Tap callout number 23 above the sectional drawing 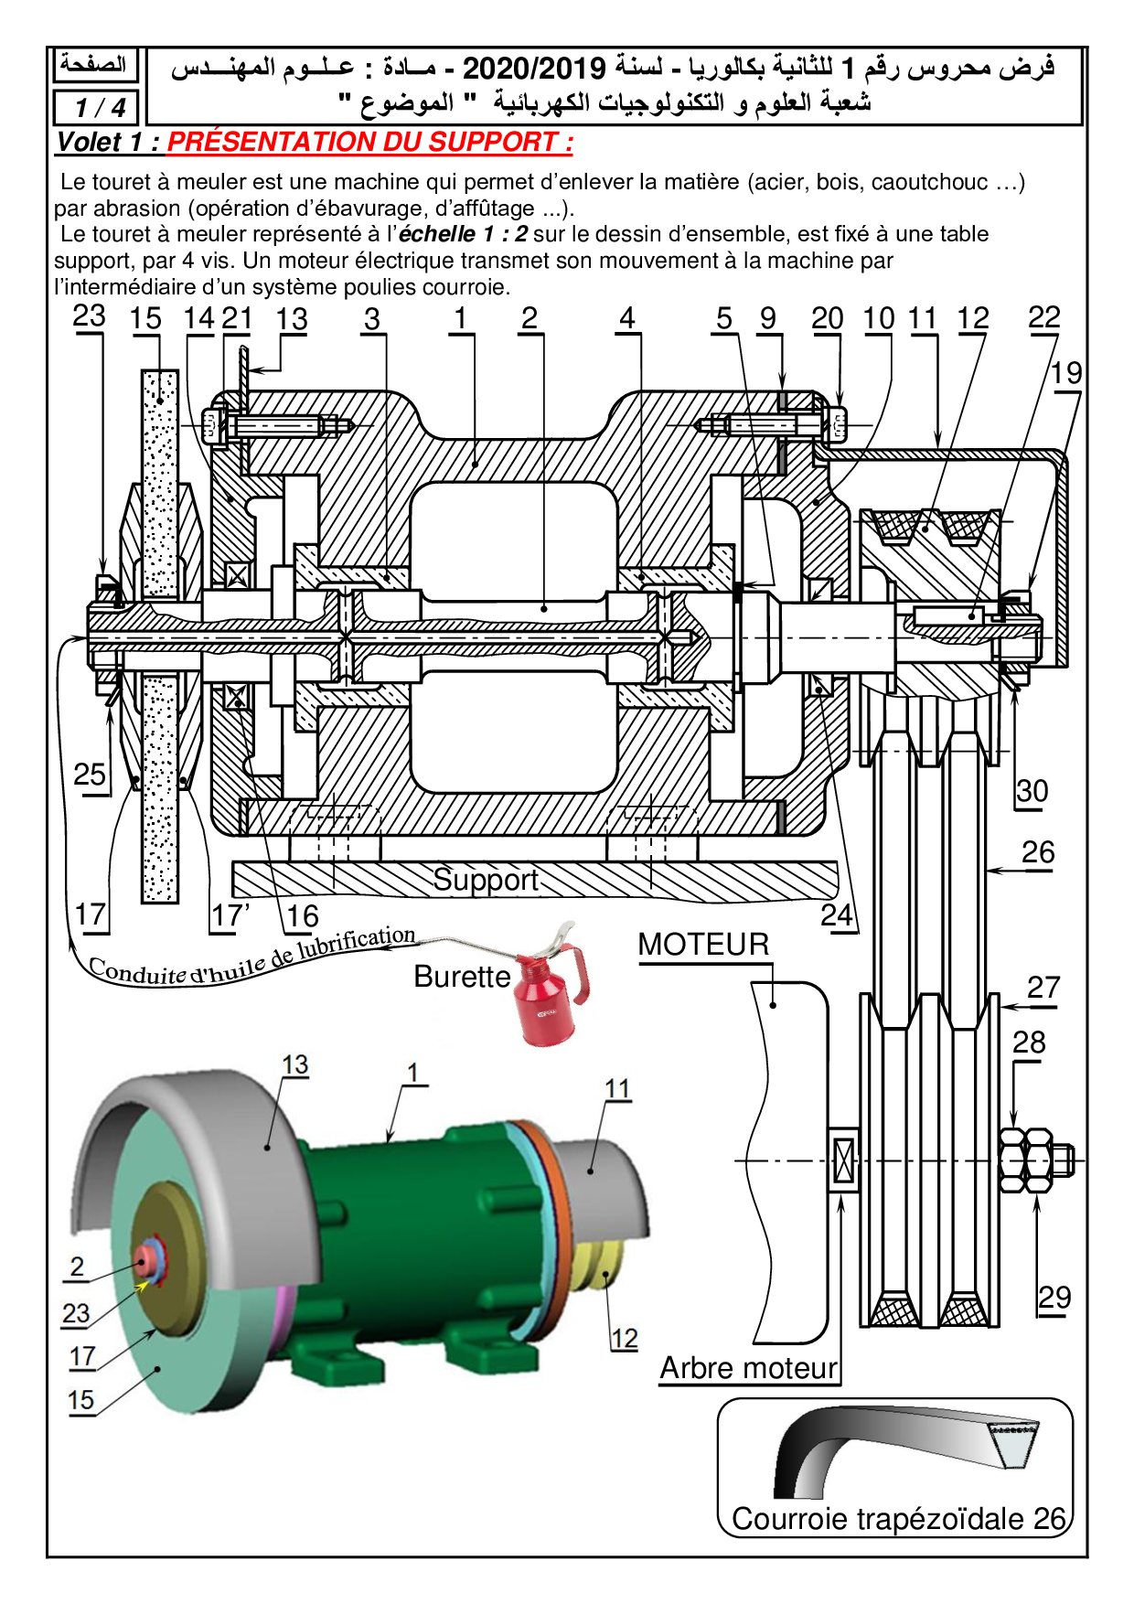[x=89, y=316]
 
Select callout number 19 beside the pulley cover [x=1065, y=373]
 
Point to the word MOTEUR [x=703, y=945]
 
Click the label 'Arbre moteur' [x=748, y=1368]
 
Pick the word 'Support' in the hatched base [x=486, y=880]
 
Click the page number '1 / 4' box [x=99, y=108]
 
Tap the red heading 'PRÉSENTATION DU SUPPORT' [x=369, y=143]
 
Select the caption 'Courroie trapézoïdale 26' [x=898, y=1519]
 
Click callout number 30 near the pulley [x=1032, y=791]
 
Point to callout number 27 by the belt [x=1043, y=988]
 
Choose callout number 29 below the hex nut [x=1054, y=1298]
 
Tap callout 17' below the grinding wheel [x=230, y=914]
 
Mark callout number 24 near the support [x=836, y=915]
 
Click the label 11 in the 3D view [x=617, y=1088]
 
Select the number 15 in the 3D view [x=80, y=1400]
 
